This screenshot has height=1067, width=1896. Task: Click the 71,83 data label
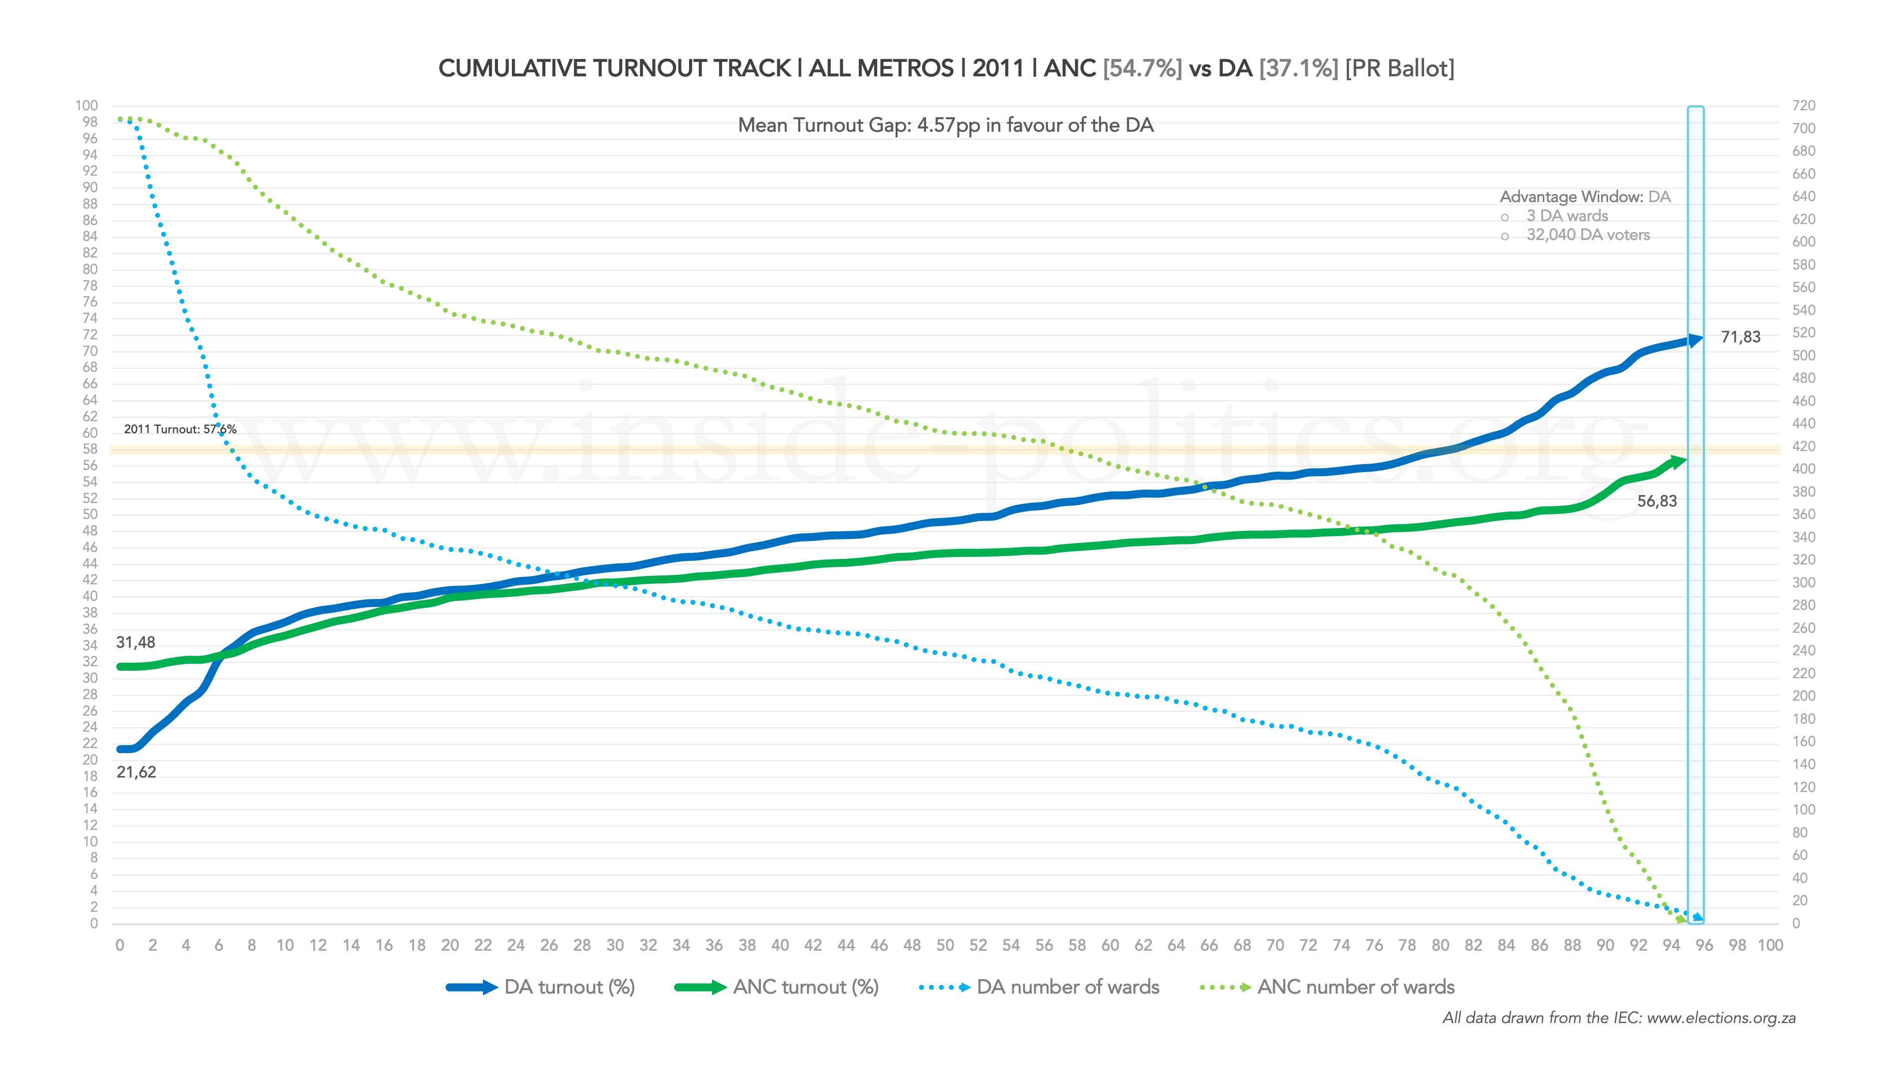click(1740, 337)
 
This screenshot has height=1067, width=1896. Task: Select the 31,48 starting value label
click(135, 643)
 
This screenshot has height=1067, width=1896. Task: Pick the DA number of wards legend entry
click(1039, 988)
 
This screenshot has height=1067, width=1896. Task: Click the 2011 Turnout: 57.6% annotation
click(180, 429)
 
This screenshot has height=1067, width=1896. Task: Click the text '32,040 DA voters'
click(1588, 235)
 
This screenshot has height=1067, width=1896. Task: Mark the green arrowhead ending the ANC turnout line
click(1677, 462)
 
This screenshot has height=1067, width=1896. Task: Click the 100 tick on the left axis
click(86, 106)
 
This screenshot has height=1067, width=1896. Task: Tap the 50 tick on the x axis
click(945, 946)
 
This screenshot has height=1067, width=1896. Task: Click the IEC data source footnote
click(1619, 1019)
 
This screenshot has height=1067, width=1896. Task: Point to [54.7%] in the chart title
click(1142, 68)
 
